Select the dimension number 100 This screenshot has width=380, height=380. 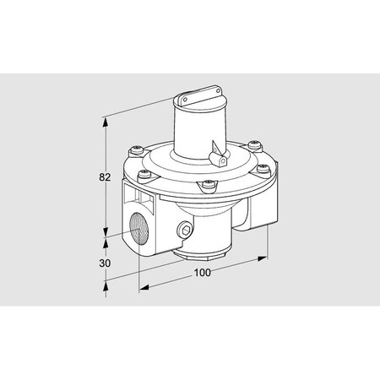[x=202, y=272]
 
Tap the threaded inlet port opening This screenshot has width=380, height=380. [x=140, y=232]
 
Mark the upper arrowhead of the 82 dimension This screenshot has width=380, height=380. [x=106, y=121]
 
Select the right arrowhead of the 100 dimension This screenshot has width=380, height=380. [x=267, y=258]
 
